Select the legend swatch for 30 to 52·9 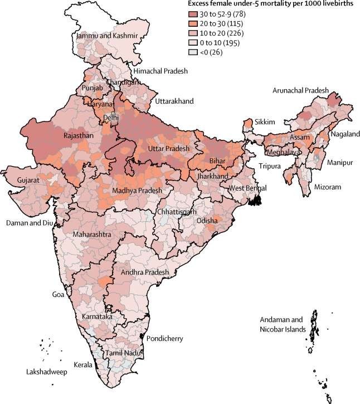point(194,13)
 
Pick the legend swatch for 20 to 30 point(194,23)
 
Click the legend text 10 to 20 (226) point(225,32)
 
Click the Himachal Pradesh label point(160,71)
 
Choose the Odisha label point(210,221)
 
